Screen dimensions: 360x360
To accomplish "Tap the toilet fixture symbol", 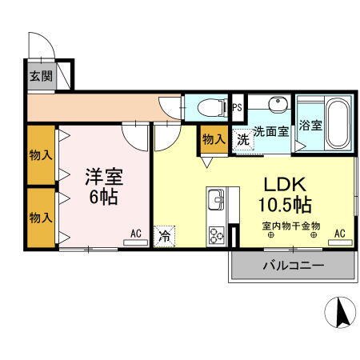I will coord(210,107).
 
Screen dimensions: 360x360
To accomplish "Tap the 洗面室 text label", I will coord(271,132).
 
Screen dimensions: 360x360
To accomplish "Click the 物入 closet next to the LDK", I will coord(213,140).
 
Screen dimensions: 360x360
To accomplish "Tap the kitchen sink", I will coord(217,199).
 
